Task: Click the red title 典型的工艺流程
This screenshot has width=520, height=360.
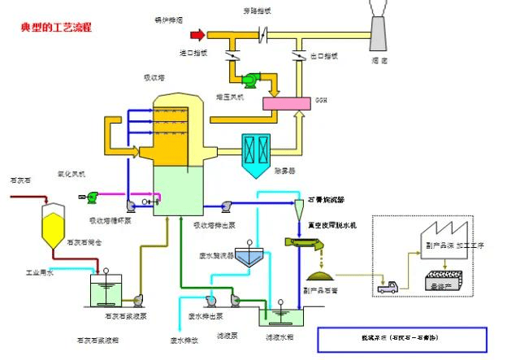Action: coord(56,28)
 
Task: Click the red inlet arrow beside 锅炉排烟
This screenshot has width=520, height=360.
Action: coord(196,35)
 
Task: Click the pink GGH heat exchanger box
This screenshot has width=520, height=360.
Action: coord(288,103)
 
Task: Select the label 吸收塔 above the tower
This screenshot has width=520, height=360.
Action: coord(155,77)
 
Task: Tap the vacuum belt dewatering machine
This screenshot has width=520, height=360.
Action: coord(306,241)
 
